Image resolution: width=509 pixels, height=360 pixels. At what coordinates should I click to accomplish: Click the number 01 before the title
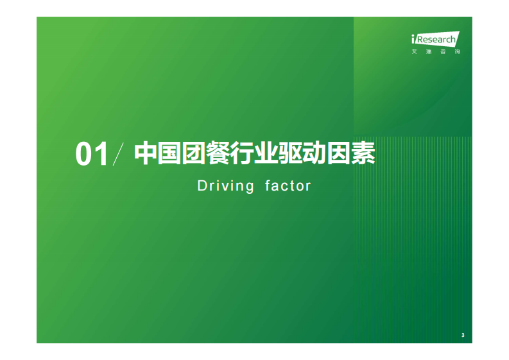91,155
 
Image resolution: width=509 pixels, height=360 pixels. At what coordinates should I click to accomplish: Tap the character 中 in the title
146,154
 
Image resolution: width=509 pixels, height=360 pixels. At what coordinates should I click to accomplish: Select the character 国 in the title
169,154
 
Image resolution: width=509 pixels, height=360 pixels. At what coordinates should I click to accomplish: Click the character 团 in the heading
192,154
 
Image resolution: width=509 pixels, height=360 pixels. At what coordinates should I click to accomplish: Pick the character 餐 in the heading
215,154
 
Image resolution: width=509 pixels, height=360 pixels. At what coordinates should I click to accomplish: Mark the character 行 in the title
237,154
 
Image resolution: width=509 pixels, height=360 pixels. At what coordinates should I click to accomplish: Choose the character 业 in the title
261,154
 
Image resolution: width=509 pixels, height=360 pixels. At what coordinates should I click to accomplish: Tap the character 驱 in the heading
284,154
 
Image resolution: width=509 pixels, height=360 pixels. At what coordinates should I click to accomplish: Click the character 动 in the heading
307,154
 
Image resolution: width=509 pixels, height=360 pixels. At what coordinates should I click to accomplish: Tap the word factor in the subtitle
288,186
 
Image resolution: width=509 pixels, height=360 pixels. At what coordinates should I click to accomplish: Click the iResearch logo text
436,39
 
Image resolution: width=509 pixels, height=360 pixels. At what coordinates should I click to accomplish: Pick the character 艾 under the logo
415,51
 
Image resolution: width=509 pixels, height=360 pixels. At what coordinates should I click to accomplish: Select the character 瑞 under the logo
429,51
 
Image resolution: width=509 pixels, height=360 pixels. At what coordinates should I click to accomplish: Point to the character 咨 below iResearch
443,51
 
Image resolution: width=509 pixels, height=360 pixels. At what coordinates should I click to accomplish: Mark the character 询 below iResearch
456,51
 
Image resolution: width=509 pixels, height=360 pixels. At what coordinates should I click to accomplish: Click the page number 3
463,335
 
